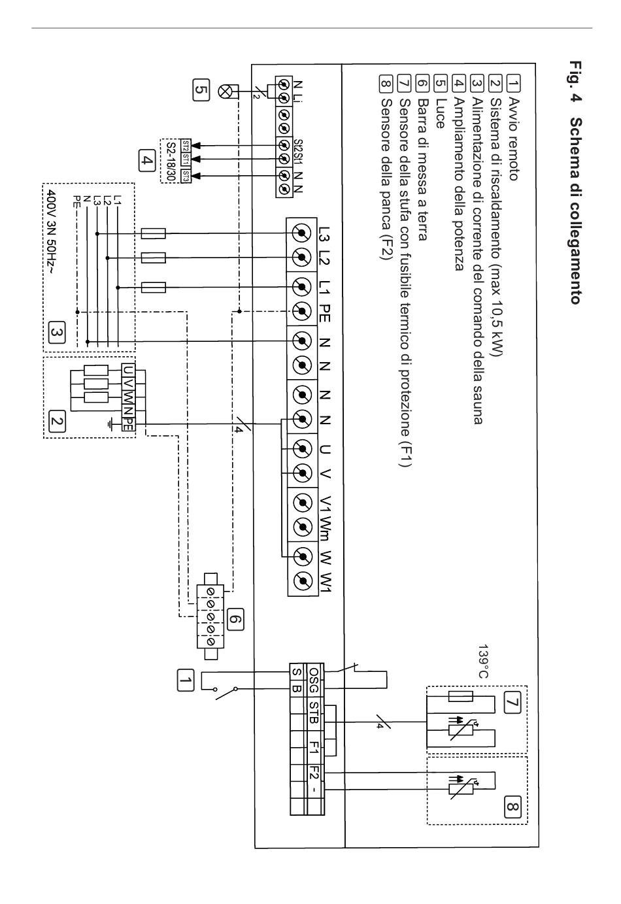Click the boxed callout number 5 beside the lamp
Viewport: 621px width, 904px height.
(x=201, y=90)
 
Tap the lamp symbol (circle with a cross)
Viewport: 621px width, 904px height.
(x=224, y=92)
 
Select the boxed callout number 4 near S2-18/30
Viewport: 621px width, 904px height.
(x=146, y=161)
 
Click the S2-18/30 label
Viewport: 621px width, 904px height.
(x=171, y=161)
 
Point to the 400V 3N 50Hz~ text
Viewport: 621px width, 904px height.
(x=52, y=231)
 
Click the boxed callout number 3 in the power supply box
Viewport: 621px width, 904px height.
(x=56, y=332)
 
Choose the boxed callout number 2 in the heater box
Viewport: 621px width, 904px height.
(x=56, y=421)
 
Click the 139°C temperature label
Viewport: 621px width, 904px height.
(x=483, y=661)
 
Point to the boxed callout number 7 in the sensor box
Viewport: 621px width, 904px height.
(x=512, y=702)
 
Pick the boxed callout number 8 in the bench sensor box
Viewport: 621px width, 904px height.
(x=512, y=807)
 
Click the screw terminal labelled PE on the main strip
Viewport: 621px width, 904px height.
(x=302, y=312)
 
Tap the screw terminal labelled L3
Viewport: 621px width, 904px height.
(x=302, y=233)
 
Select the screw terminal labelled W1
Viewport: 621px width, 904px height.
(x=302, y=582)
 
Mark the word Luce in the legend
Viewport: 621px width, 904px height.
(x=441, y=113)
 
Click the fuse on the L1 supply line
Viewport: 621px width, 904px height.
(x=154, y=288)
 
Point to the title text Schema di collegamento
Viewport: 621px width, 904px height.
(x=576, y=210)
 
